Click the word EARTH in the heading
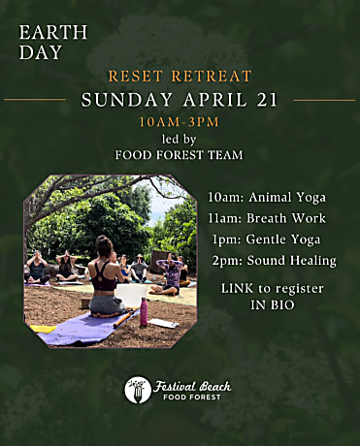(53, 32)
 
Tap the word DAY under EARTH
(41, 52)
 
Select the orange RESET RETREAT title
(180, 77)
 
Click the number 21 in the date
(267, 100)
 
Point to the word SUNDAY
(126, 100)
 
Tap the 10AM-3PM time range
(180, 122)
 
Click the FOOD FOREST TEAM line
(180, 155)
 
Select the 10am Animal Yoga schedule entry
(267, 198)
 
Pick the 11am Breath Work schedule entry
(267, 218)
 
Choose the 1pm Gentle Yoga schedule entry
(267, 239)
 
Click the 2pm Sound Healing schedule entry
(275, 261)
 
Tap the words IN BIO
(273, 304)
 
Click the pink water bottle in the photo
(144, 311)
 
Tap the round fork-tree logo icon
(138, 390)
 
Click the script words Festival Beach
(192, 386)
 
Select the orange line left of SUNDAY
(35, 100)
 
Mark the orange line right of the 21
(324, 100)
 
